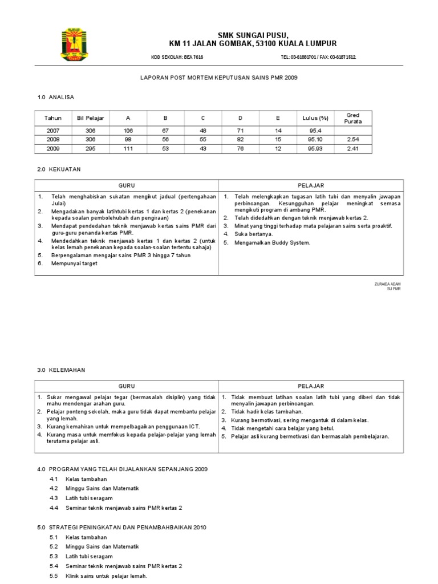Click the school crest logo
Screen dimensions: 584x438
tap(74, 45)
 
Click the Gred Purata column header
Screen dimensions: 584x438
tap(353, 118)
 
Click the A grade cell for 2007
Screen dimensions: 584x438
tap(128, 130)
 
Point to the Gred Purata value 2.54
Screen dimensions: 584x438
tap(353, 139)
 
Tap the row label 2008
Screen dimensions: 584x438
tap(52, 139)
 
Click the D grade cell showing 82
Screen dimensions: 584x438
tap(240, 139)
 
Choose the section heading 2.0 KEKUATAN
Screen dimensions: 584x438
tap(59, 170)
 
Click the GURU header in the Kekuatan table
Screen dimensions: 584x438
tap(126, 185)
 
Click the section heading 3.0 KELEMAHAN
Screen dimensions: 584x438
tap(61, 370)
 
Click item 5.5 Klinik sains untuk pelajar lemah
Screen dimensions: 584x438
tap(107, 575)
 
